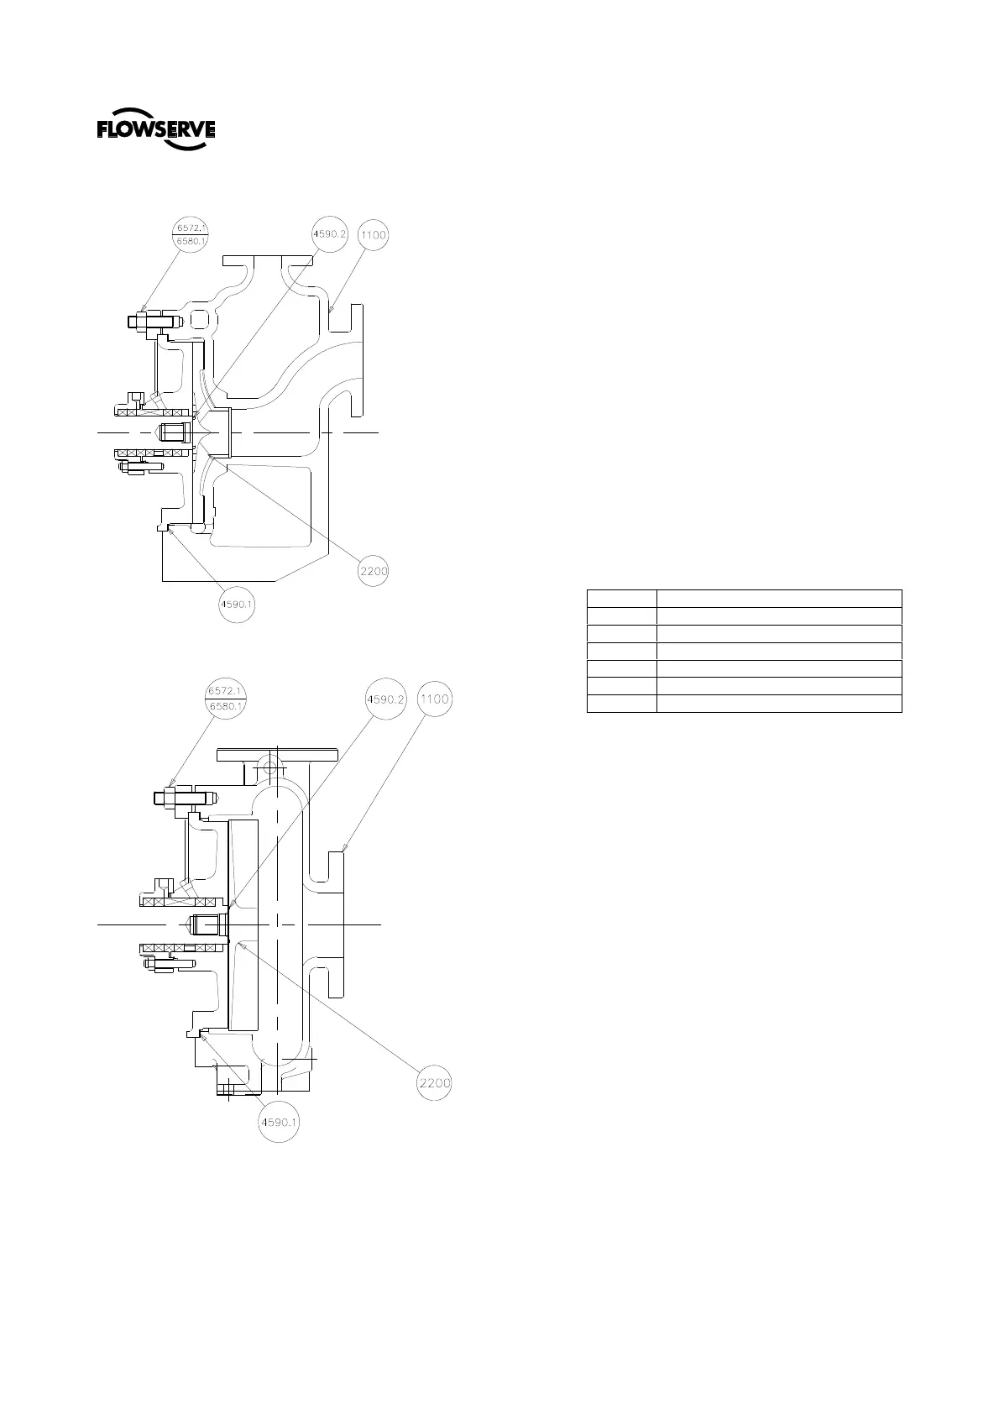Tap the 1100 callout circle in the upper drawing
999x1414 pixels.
coord(374,235)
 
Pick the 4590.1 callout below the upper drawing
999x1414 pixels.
coord(236,603)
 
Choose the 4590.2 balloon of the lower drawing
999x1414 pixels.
coord(383,699)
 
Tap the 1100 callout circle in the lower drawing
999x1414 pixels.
coord(434,699)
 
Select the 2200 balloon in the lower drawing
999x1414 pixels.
coord(435,1083)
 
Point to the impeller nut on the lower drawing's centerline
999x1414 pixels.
coord(207,924)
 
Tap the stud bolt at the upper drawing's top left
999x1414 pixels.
coord(154,321)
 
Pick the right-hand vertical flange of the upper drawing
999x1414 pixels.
coord(358,359)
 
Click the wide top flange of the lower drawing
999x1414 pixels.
coord(278,755)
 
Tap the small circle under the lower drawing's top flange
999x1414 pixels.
coord(269,766)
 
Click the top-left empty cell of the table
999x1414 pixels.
coord(621,598)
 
